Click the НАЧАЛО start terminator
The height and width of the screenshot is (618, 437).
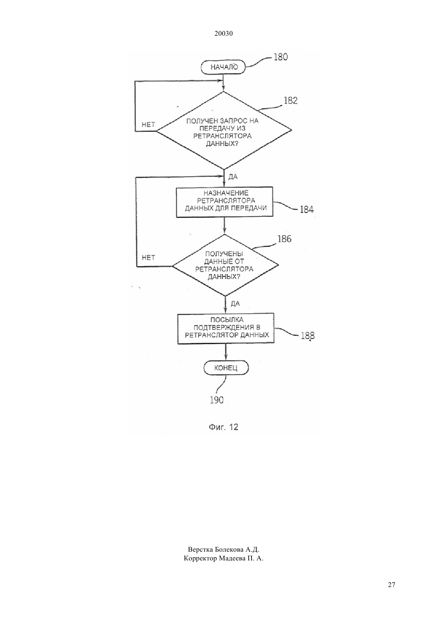coord(223,67)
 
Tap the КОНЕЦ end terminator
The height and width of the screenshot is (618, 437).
coord(226,368)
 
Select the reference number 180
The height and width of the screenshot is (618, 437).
coord(280,57)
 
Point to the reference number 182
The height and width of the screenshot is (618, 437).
coord(291,100)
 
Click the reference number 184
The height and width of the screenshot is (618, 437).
coord(307,210)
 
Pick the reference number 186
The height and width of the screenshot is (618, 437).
coord(284,239)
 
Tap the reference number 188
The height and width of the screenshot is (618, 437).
coord(307,336)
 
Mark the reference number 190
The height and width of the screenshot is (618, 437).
coord(217,400)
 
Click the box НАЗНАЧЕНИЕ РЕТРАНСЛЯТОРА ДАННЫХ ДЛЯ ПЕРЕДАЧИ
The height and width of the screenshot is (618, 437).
coord(224,202)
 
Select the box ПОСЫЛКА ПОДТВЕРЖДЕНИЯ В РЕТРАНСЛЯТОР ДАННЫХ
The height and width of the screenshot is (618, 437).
coord(226,328)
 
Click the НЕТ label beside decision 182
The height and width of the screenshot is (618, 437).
coord(148,125)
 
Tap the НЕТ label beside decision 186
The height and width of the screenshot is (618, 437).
coord(148,258)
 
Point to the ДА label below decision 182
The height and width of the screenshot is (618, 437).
coord(233,177)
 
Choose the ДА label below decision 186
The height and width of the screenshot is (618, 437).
coord(235,304)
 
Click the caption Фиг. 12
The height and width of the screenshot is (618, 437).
coord(223,427)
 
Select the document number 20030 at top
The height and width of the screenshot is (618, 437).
coord(223,34)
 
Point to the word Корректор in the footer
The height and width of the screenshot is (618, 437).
coord(201,558)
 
